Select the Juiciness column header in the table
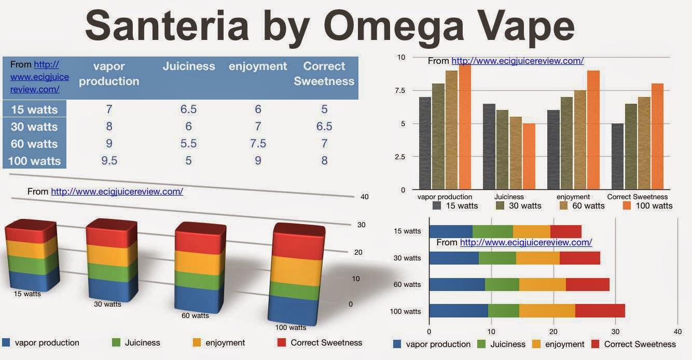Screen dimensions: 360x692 point(189,66)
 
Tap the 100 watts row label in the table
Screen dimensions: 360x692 point(35,161)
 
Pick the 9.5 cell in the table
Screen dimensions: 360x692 point(109,161)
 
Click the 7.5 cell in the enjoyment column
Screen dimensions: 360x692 point(258,144)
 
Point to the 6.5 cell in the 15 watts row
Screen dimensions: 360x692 point(189,109)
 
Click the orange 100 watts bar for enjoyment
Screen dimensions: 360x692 point(593,130)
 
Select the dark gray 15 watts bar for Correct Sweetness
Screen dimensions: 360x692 point(618,156)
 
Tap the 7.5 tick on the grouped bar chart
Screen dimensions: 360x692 point(400,90)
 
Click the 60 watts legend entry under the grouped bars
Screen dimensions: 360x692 point(582,206)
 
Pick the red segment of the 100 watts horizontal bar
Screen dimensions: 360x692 point(600,311)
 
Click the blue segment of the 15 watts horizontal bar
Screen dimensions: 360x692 point(451,231)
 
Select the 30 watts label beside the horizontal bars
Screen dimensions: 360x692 point(407,258)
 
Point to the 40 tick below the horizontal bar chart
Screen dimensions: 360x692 point(677,331)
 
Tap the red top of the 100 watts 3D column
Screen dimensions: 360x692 point(299,242)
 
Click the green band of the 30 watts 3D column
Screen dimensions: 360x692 point(112,272)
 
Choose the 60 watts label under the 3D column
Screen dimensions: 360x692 point(195,316)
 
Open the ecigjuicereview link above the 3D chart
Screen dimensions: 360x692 point(117,191)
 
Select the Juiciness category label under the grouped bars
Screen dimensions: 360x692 point(509,197)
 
